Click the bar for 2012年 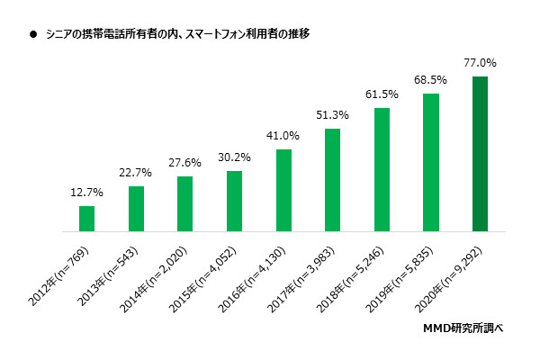click(86, 219)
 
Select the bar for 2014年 click(184, 203)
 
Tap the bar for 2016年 click(283, 190)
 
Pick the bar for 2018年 click(382, 169)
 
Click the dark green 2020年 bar click(480, 154)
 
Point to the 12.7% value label click(86, 193)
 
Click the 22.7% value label click(136, 173)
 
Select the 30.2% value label click(234, 157)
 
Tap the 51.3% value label click(332, 115)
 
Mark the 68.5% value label click(430, 80)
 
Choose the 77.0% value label click(480, 64)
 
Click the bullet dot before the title click(33, 33)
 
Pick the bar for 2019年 click(430, 162)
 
